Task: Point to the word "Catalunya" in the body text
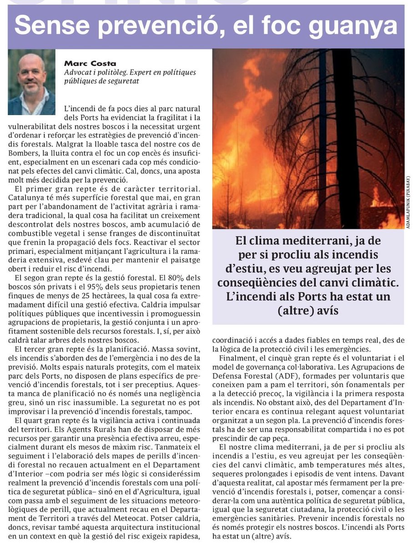(25, 198)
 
